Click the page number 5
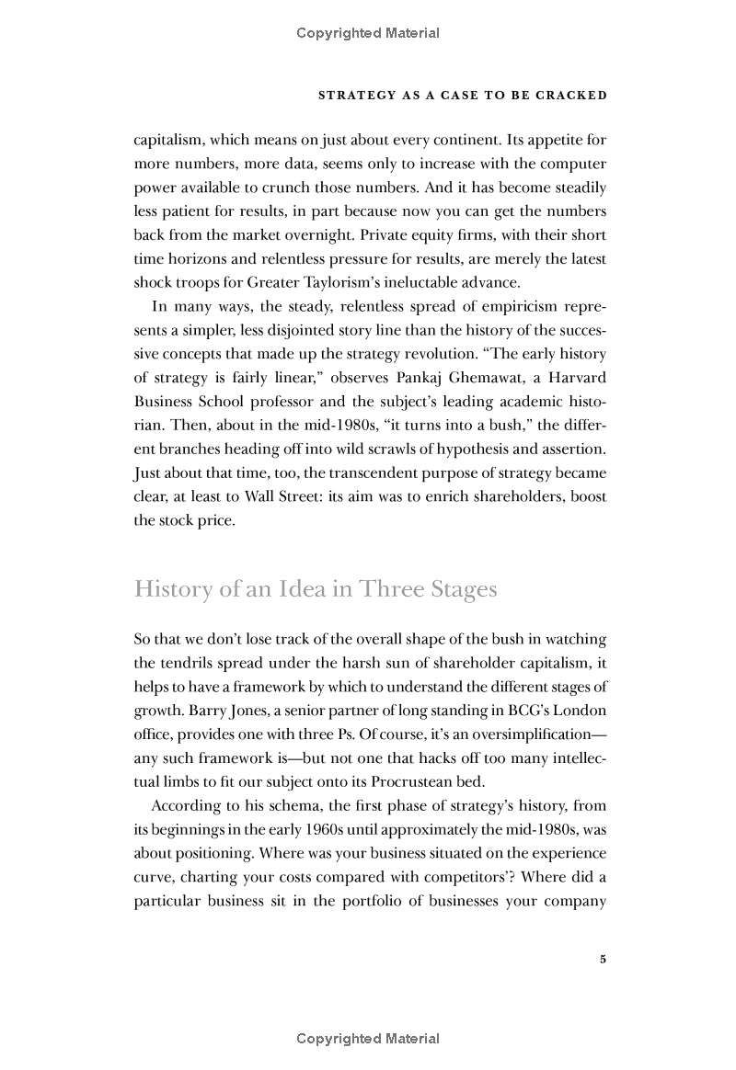click(x=603, y=960)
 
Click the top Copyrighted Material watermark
click(x=368, y=34)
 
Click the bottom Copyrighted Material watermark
click(x=368, y=1039)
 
